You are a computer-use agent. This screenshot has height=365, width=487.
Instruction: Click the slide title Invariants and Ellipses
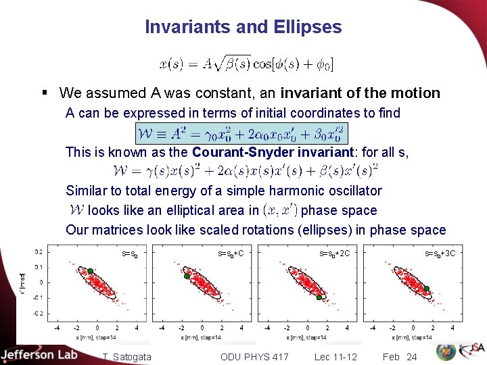pyautogui.click(x=243, y=27)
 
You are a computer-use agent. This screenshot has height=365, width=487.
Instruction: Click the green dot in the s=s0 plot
pyautogui.click(x=89, y=271)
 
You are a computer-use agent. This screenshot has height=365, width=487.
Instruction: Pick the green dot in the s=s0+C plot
pyautogui.click(x=186, y=276)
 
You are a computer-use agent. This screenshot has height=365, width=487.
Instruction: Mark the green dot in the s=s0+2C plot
pyautogui.click(x=319, y=297)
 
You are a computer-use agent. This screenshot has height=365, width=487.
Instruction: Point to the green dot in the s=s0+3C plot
pyautogui.click(x=427, y=289)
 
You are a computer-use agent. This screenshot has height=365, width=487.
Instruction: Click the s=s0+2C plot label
pyautogui.click(x=334, y=254)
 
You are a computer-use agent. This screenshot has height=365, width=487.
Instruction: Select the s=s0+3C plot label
pyautogui.click(x=440, y=254)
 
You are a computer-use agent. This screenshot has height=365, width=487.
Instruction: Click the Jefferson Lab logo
pyautogui.click(x=39, y=355)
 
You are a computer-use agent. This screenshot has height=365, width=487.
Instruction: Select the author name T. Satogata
pyautogui.click(x=128, y=356)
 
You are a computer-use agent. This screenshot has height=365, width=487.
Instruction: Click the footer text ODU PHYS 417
pyautogui.click(x=254, y=356)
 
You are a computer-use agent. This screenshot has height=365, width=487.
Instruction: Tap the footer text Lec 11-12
pyautogui.click(x=337, y=356)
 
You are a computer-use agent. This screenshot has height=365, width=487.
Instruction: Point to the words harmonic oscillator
pyautogui.click(x=330, y=191)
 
